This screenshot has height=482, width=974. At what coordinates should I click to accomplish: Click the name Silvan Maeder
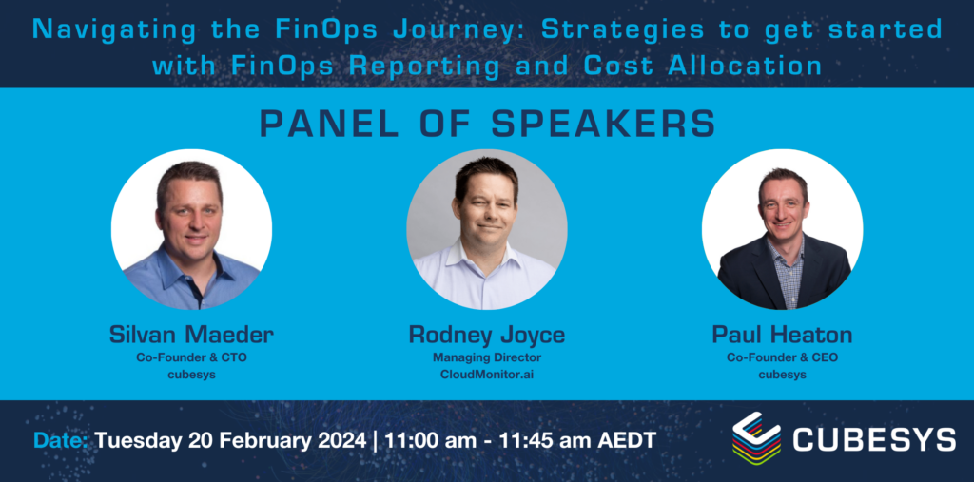191,334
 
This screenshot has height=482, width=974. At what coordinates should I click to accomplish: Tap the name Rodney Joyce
486,335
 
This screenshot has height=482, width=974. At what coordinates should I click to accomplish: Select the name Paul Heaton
782,335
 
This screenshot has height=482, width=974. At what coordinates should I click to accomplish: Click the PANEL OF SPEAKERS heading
486,125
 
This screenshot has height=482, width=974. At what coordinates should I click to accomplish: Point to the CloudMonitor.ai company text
486,374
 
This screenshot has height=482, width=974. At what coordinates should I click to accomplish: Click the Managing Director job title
486,357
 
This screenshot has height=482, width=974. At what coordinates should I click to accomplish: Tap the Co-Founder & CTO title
191,357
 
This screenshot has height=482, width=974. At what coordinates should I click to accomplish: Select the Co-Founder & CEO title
782,357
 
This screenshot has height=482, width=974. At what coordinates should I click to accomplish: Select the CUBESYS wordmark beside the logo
873,440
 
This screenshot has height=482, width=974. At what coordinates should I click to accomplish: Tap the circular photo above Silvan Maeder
191,228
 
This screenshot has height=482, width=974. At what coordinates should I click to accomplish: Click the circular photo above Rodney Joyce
486,228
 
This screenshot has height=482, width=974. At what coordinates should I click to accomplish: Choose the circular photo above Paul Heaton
782,228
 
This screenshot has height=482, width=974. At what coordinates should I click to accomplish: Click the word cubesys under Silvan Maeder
191,374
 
